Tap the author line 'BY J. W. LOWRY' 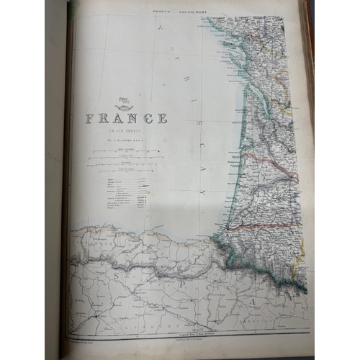tap(127, 140)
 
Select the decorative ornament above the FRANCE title tap(125, 106)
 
